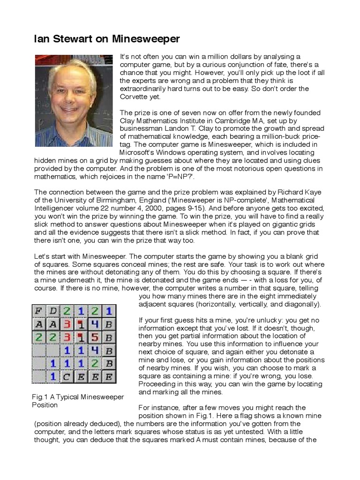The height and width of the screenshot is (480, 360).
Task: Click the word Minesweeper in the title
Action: click(x=146, y=39)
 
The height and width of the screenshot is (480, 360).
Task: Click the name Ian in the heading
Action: click(x=41, y=39)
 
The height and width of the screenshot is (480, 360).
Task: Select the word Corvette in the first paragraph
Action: click(x=135, y=97)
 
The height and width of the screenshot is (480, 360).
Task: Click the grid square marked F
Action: click(x=39, y=311)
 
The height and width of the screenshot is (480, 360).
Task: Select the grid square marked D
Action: click(x=53, y=311)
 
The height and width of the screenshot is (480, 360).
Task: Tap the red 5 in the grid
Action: click(x=95, y=337)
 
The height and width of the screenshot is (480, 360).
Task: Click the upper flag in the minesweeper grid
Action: click(x=81, y=324)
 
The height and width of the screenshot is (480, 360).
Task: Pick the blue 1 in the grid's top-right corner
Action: click(x=108, y=311)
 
